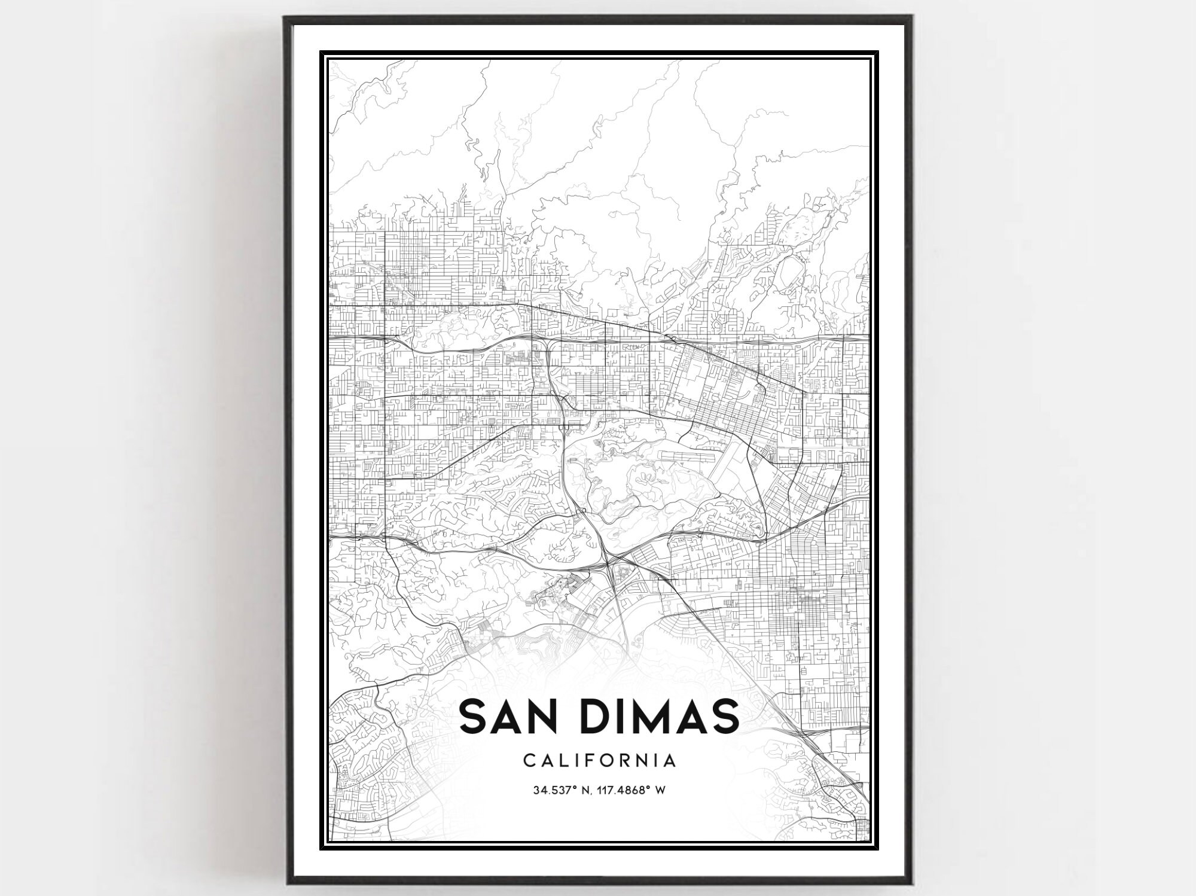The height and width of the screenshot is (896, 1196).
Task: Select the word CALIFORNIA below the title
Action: [600, 761]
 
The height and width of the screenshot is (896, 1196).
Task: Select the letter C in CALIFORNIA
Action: [529, 761]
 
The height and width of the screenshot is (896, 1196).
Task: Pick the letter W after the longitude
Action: [661, 791]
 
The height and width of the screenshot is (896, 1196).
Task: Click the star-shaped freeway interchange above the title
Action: [608, 562]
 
